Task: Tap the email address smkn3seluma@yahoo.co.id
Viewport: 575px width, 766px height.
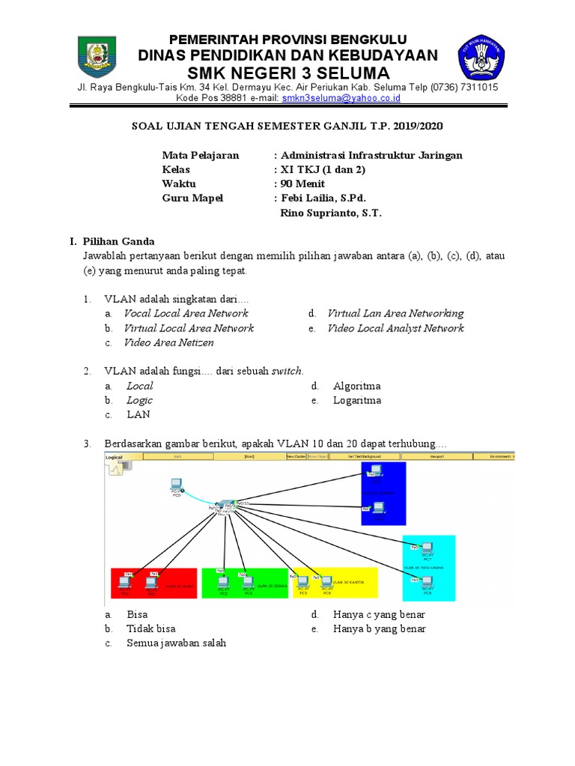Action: coord(341,98)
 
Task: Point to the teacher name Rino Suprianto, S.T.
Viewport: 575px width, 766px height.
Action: coord(331,213)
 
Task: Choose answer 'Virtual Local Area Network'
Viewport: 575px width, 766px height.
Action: coord(189,328)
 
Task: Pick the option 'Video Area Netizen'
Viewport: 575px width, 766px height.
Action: coord(168,343)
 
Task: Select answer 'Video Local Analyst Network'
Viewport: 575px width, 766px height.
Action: coord(395,328)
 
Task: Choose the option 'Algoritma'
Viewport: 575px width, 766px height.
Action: coord(356,386)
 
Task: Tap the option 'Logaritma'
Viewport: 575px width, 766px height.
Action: coord(357,400)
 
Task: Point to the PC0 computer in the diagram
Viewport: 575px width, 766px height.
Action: coord(176,485)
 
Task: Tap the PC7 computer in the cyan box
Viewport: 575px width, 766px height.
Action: coord(428,548)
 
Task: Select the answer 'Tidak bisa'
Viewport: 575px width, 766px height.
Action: coord(150,628)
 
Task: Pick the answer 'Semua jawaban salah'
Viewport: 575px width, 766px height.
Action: coord(176,643)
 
